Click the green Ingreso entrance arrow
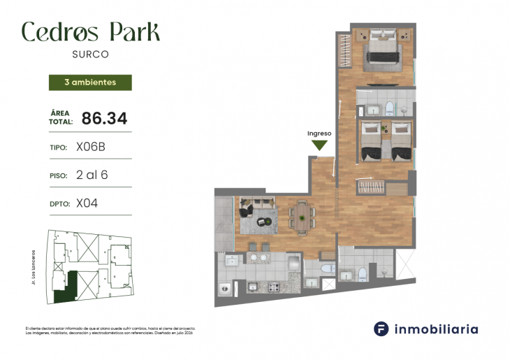[x=319, y=145]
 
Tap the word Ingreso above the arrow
[x=319, y=133]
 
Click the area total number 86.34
[x=104, y=118]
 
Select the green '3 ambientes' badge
[x=90, y=82]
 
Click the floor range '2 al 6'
[x=92, y=175]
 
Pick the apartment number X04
[x=87, y=203]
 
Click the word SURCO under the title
[x=90, y=54]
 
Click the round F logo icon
[x=381, y=329]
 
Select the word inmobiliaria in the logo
[x=436, y=329]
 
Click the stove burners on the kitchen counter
[x=271, y=287]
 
